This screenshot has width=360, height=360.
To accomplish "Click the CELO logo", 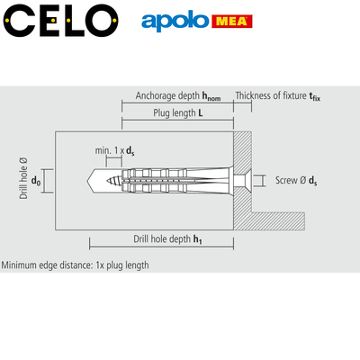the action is click(61, 21).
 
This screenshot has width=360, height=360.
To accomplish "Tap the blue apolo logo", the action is click(175, 21).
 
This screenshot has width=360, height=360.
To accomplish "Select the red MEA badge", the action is click(232, 22).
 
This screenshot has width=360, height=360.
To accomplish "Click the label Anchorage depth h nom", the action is click(178, 96).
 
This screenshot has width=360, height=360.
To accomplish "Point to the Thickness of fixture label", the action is click(278, 96).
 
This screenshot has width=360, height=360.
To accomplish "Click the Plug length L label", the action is click(178, 113).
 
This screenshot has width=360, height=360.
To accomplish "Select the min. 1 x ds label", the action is click(114, 150).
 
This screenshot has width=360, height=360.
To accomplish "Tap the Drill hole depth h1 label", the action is click(167, 239).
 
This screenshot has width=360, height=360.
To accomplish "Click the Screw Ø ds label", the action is click(296, 180).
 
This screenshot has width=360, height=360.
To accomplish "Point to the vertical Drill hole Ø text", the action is click(23, 178).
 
